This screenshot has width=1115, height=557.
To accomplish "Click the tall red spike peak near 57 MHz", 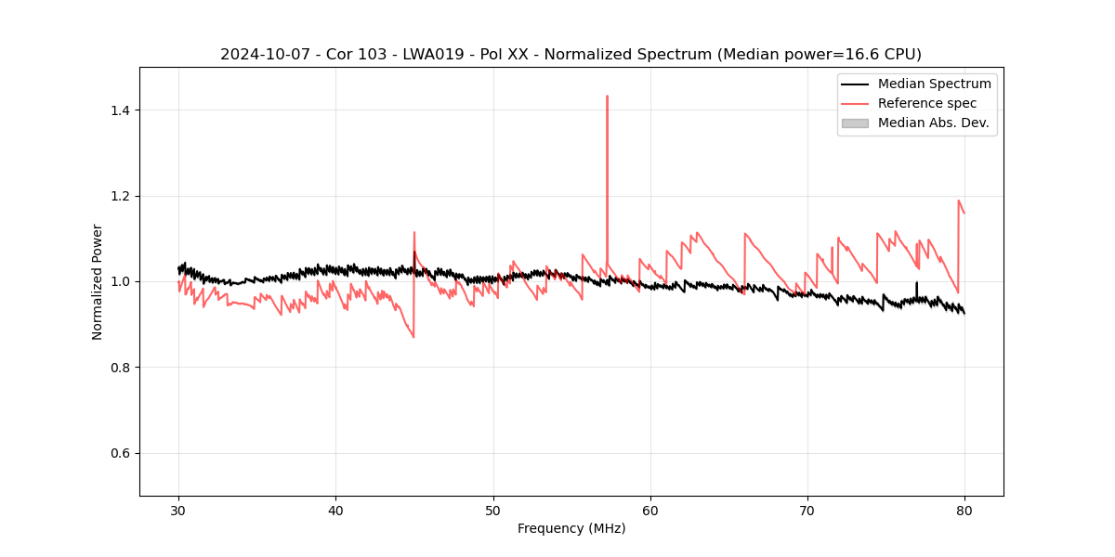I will [607, 96].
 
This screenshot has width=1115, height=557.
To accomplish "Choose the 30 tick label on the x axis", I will [178, 510].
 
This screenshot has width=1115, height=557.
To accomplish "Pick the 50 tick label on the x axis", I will [493, 510].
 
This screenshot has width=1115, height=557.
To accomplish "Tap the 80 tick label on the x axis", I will [964, 510].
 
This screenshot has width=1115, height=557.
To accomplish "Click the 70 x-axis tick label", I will [807, 510].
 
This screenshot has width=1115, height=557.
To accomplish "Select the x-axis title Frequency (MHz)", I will [571, 528].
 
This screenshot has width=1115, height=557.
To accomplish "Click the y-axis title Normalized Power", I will [98, 281].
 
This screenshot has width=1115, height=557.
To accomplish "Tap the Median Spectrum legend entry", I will [934, 84].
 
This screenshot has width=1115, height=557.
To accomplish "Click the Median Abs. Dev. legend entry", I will [933, 123].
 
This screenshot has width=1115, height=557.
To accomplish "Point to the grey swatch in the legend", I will [855, 123].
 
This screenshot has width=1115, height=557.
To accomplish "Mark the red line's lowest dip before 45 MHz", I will [413, 336].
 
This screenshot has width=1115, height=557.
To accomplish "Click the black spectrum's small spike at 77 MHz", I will [916, 282].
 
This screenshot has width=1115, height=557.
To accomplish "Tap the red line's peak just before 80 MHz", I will [958, 201].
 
